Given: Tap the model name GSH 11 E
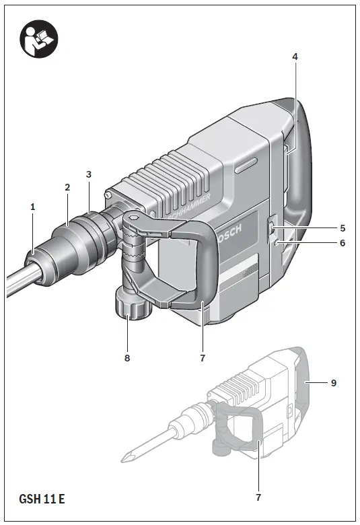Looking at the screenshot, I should (42, 499).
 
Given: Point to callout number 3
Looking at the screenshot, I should (89, 174).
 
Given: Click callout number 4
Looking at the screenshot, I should (295, 57).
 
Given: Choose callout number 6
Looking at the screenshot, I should (342, 243).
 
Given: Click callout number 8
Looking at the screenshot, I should (127, 358).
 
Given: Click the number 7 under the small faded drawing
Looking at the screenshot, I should (258, 497).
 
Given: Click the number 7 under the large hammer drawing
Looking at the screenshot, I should (202, 358).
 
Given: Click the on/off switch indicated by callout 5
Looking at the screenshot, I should (271, 230).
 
